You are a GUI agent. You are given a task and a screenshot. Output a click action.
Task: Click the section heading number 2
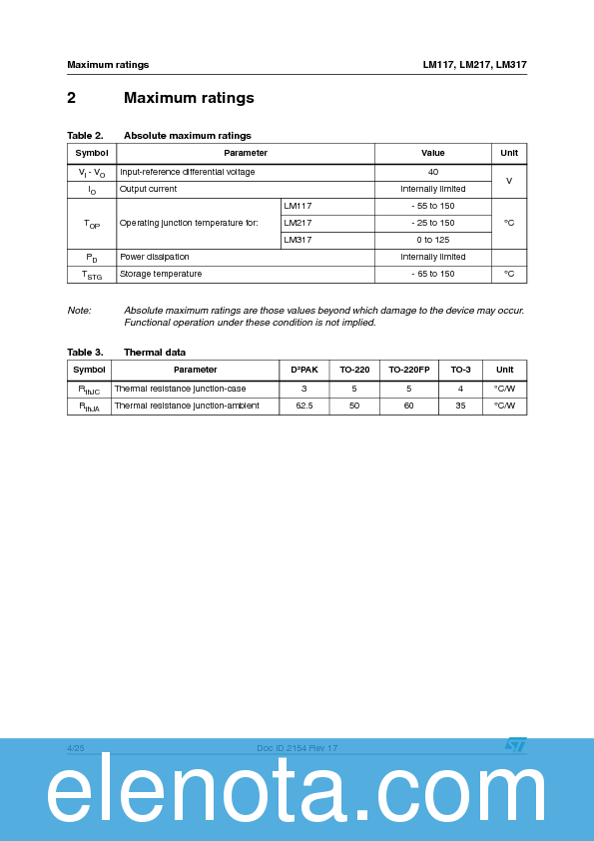[72, 98]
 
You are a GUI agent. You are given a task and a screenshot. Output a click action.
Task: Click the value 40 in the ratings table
[432, 172]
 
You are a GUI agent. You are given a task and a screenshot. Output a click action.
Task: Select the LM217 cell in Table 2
[298, 223]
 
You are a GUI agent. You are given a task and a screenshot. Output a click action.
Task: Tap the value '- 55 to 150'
[432, 206]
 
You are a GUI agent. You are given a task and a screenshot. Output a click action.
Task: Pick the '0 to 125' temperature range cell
[432, 240]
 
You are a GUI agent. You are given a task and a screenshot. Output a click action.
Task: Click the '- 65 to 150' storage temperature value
[432, 274]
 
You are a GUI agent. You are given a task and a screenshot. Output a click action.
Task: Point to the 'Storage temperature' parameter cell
[161, 274]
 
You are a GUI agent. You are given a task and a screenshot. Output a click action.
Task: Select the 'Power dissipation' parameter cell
[154, 257]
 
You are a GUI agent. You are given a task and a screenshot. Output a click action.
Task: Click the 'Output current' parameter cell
[148, 189]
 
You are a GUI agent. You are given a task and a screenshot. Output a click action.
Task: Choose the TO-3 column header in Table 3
[460, 370]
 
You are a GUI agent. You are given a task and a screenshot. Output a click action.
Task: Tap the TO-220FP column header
[409, 370]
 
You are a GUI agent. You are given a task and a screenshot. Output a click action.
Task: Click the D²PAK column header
[304, 370]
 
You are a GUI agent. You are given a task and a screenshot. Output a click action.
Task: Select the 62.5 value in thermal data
[304, 406]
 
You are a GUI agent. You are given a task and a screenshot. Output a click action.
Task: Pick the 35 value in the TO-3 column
[460, 406]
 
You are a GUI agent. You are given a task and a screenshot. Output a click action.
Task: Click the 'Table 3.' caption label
[85, 353]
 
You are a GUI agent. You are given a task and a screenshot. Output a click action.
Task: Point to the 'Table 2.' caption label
[85, 136]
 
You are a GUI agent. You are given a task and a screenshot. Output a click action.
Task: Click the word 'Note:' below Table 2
[79, 311]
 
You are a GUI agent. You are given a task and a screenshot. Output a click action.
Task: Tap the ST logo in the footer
[514, 745]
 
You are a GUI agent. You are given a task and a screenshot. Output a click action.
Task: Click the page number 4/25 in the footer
[76, 747]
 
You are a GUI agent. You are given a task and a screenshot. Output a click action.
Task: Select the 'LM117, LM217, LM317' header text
[474, 65]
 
